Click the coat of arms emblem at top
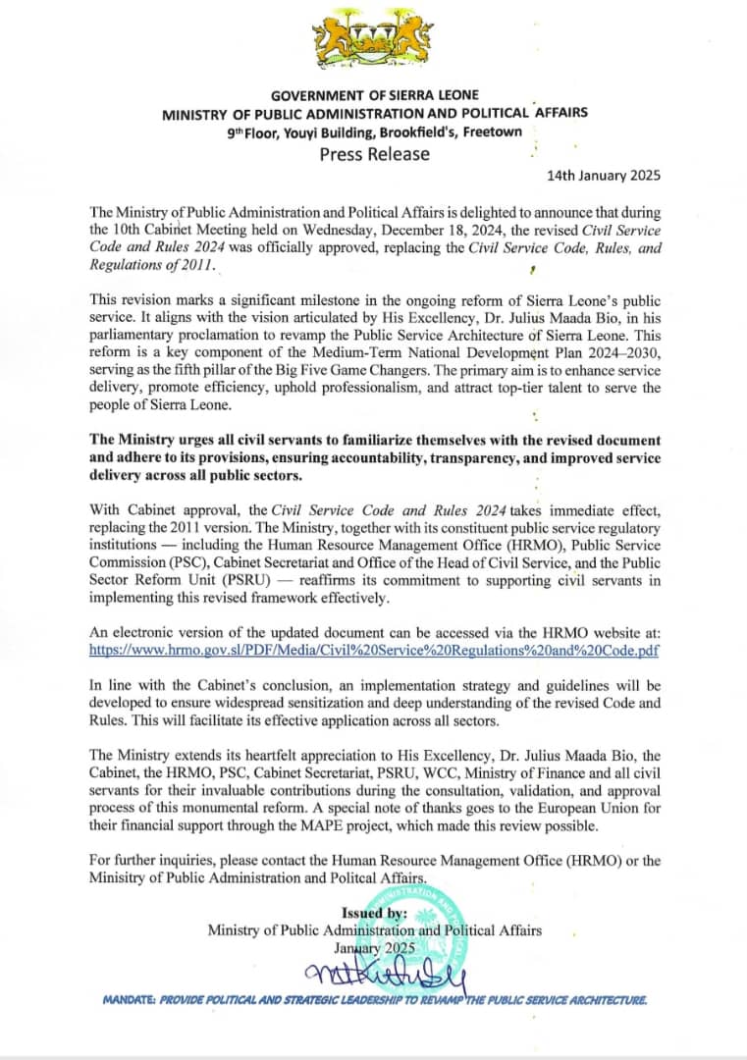tap(374, 43)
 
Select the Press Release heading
tap(374, 153)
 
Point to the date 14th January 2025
tap(604, 177)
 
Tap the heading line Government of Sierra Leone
tap(374, 95)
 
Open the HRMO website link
tap(374, 650)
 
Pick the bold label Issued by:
tap(373, 912)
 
